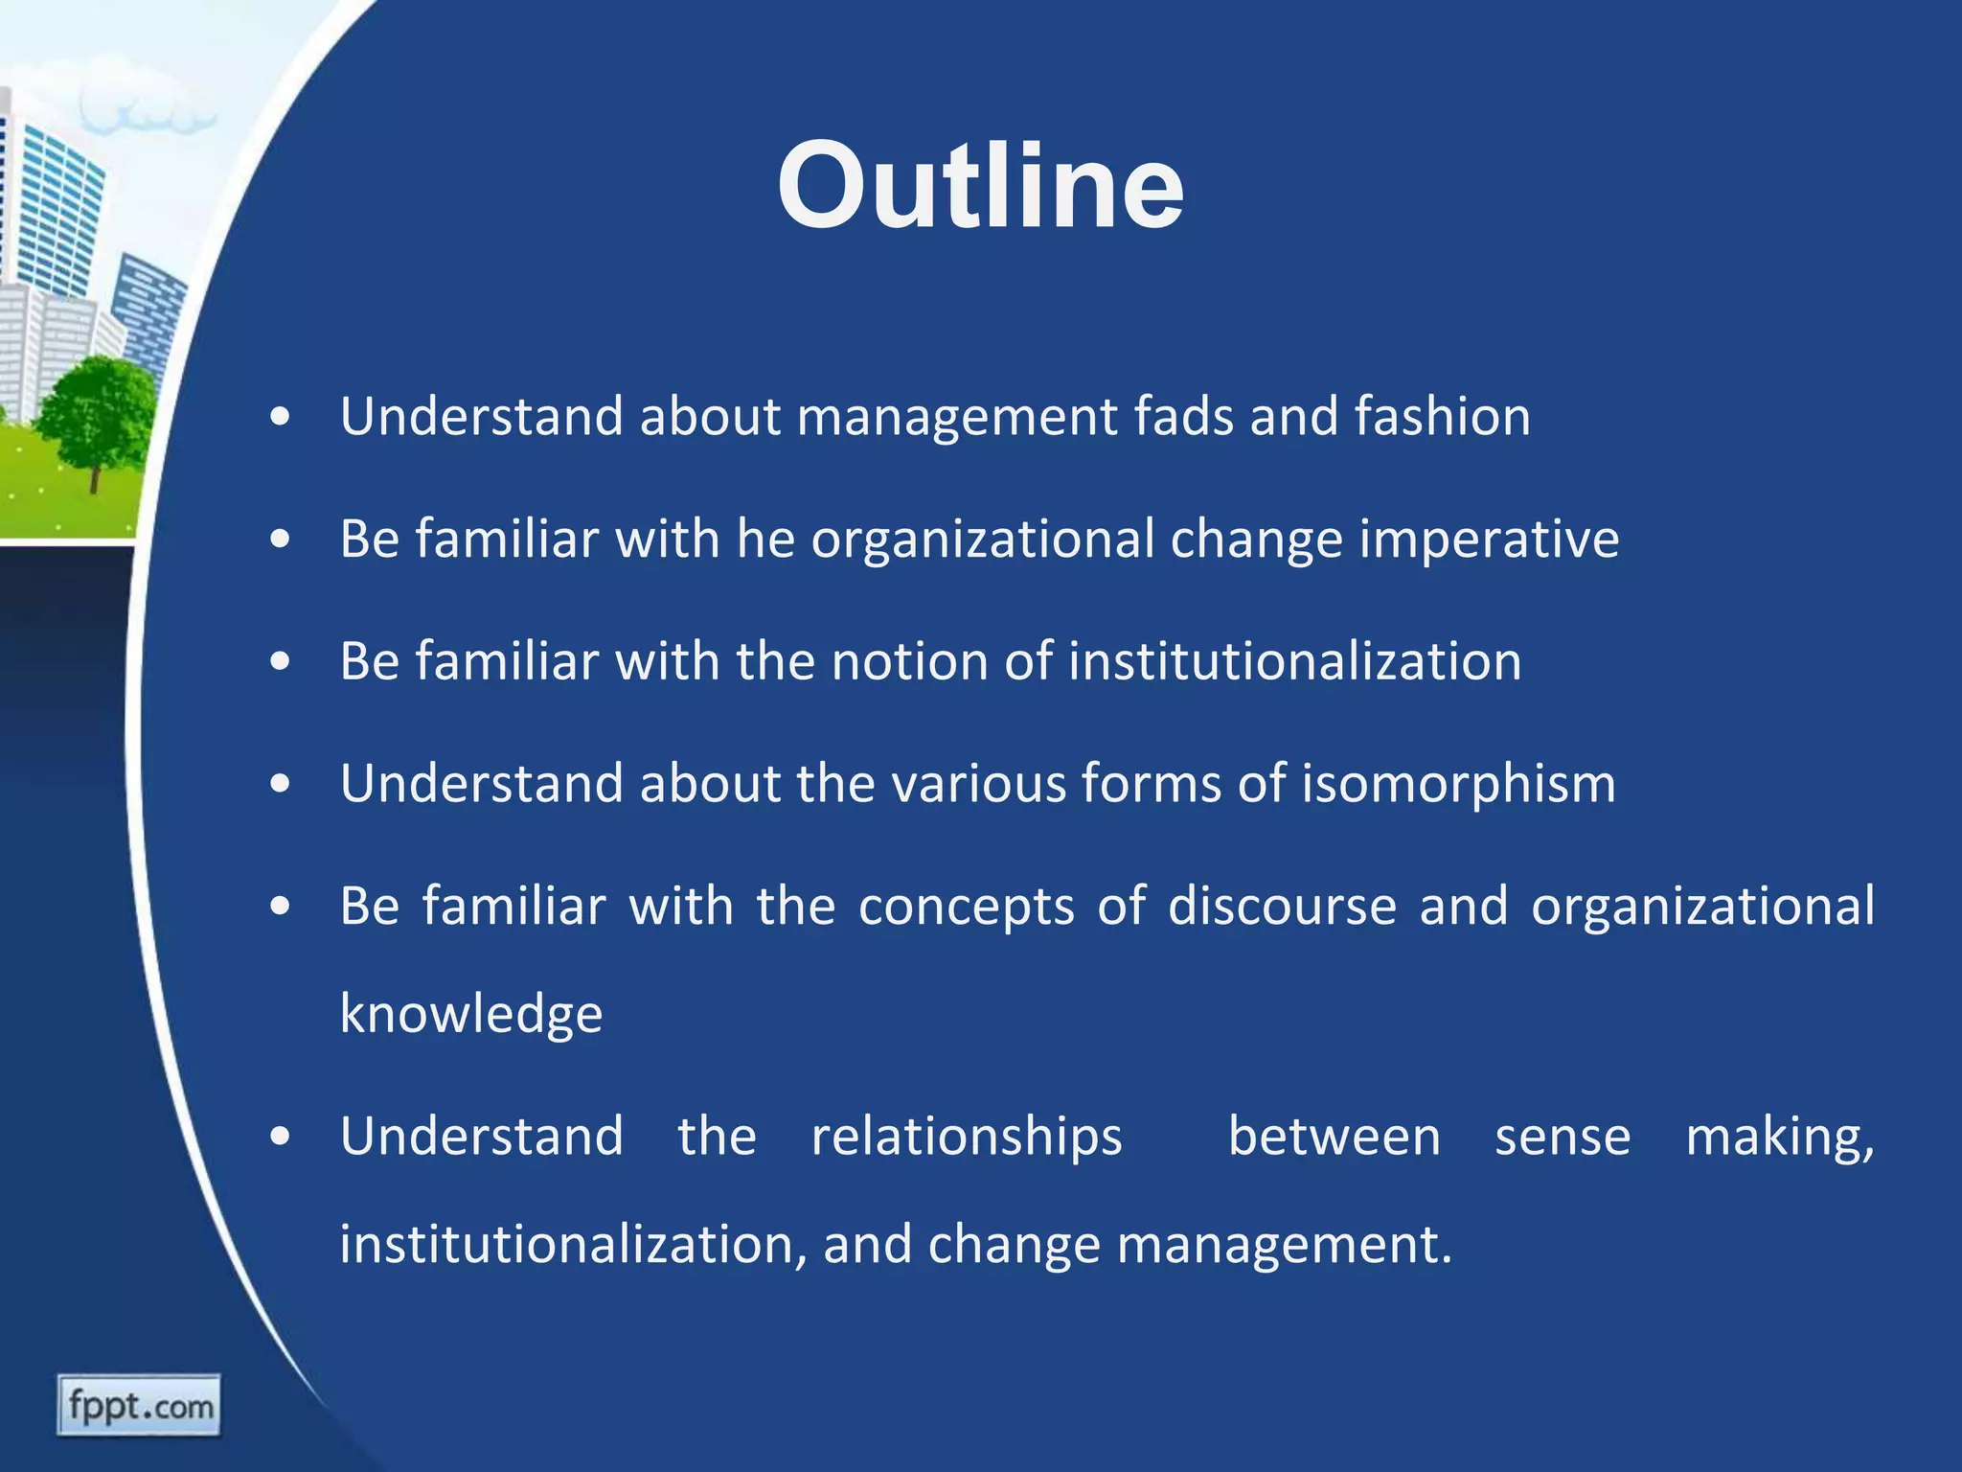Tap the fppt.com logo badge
pos(139,1406)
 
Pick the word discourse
pos(1282,906)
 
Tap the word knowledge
pos(471,1015)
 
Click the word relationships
pos(967,1138)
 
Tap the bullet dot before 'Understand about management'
pos(280,418)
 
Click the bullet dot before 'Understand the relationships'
pos(280,1138)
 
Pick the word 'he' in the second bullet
pos(765,539)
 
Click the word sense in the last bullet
pos(1563,1138)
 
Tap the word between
pos(1334,1138)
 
